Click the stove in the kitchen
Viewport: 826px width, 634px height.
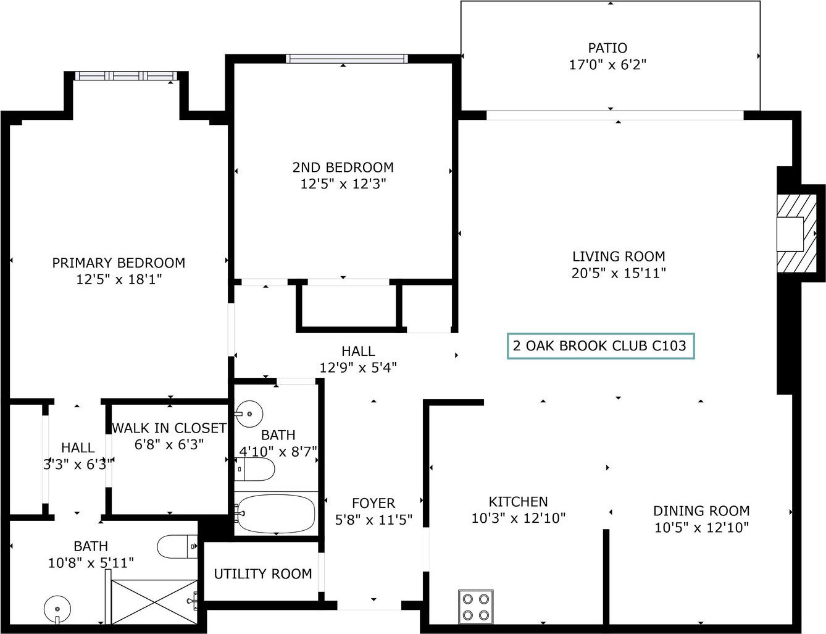pos(476,607)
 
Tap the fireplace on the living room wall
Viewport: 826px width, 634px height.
pos(796,234)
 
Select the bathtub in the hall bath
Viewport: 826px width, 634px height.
pos(275,515)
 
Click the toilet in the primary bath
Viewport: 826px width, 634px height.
pos(177,546)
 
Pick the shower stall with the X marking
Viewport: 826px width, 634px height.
pos(154,602)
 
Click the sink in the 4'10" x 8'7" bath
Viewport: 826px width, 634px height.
pos(249,414)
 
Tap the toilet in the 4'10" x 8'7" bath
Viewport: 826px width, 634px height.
pos(254,469)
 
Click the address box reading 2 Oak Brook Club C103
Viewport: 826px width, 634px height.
pos(601,345)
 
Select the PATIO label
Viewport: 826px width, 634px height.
pos(607,48)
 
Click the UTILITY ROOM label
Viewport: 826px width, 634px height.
pos(262,573)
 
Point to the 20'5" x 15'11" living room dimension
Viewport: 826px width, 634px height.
pos(619,273)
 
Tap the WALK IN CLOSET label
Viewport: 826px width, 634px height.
pos(169,428)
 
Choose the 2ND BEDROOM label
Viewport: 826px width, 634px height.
pos(343,167)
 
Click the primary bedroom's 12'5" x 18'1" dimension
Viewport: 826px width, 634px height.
pos(119,279)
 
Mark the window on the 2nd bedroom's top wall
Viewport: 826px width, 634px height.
pos(346,59)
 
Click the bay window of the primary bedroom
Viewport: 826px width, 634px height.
pos(126,75)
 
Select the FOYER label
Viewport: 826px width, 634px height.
pos(373,503)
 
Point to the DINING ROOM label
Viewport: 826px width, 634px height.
pos(701,511)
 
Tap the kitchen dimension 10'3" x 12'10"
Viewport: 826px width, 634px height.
pos(519,518)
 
